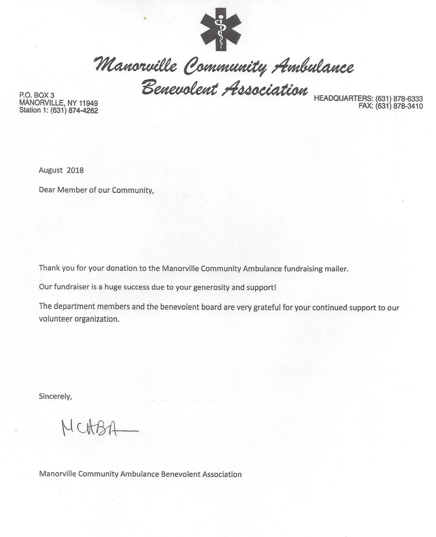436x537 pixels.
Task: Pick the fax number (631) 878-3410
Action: point(399,106)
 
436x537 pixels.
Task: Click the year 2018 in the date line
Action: point(75,170)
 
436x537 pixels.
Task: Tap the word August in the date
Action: point(51,170)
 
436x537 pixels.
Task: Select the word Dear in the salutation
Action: point(47,190)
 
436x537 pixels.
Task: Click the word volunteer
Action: point(56,319)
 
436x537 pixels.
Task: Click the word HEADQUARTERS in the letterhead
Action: point(343,99)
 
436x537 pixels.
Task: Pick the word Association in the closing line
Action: point(222,474)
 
